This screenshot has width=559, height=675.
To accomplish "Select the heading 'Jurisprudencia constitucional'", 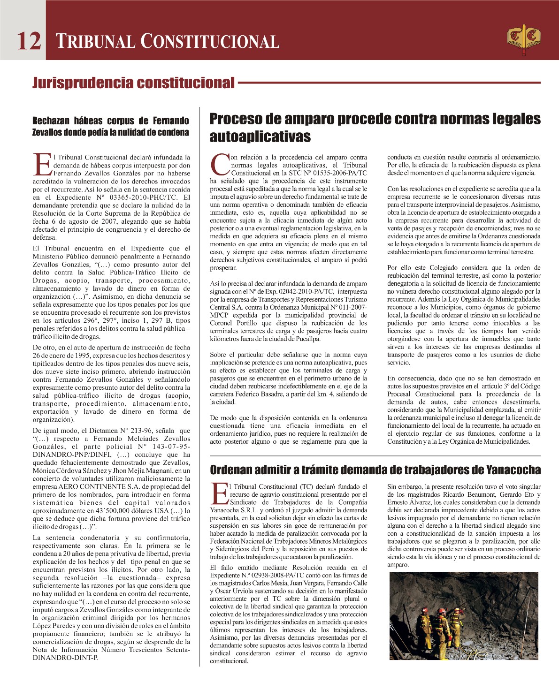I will point(133,83).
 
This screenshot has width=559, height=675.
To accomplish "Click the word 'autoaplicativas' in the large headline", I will point(260,137).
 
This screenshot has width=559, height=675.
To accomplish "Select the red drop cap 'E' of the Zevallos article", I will point(42,166).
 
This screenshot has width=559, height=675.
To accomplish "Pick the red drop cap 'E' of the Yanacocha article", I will point(219,495).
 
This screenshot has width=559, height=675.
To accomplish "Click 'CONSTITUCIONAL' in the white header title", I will point(210,41).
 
